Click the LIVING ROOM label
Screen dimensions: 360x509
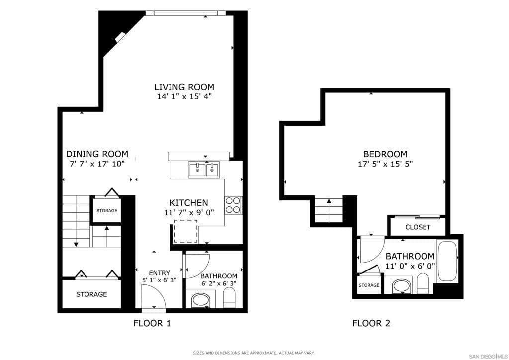[x=184, y=87]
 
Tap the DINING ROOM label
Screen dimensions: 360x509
[x=97, y=154]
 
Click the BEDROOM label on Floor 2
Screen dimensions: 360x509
[x=385, y=154]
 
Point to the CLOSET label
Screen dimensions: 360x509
[x=418, y=227]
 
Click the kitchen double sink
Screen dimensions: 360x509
[x=204, y=170]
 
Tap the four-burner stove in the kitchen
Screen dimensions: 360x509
[x=233, y=205]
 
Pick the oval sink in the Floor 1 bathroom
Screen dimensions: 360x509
[x=201, y=300]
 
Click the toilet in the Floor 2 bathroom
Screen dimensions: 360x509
[x=423, y=283]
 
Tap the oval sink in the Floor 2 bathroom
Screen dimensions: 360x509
[x=401, y=286]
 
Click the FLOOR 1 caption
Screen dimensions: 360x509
[x=152, y=323]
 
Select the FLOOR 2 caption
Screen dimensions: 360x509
[x=371, y=323]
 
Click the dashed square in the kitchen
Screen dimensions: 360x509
[x=185, y=231]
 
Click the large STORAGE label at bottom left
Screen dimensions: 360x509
[x=91, y=294]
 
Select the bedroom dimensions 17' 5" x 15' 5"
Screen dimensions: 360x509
[x=385, y=164]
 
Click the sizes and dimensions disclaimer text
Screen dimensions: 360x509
[x=254, y=353]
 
